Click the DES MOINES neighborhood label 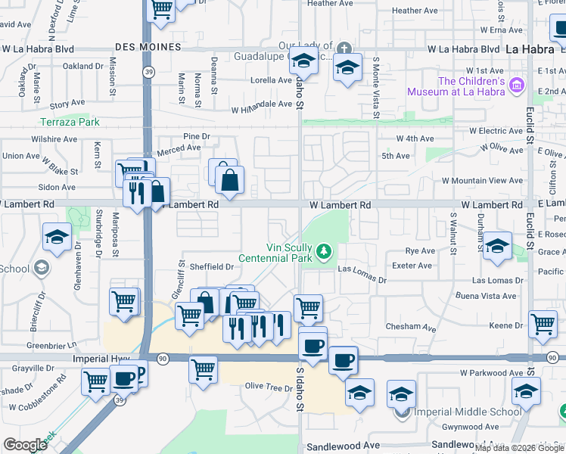[x=149, y=47]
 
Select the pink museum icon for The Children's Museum [x=518, y=84]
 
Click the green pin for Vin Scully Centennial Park [x=324, y=250]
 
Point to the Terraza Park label [x=70, y=122]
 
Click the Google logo [x=25, y=444]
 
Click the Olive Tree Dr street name [x=269, y=387]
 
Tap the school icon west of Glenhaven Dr [x=58, y=237]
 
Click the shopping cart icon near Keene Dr [x=543, y=324]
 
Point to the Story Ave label [x=67, y=103]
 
